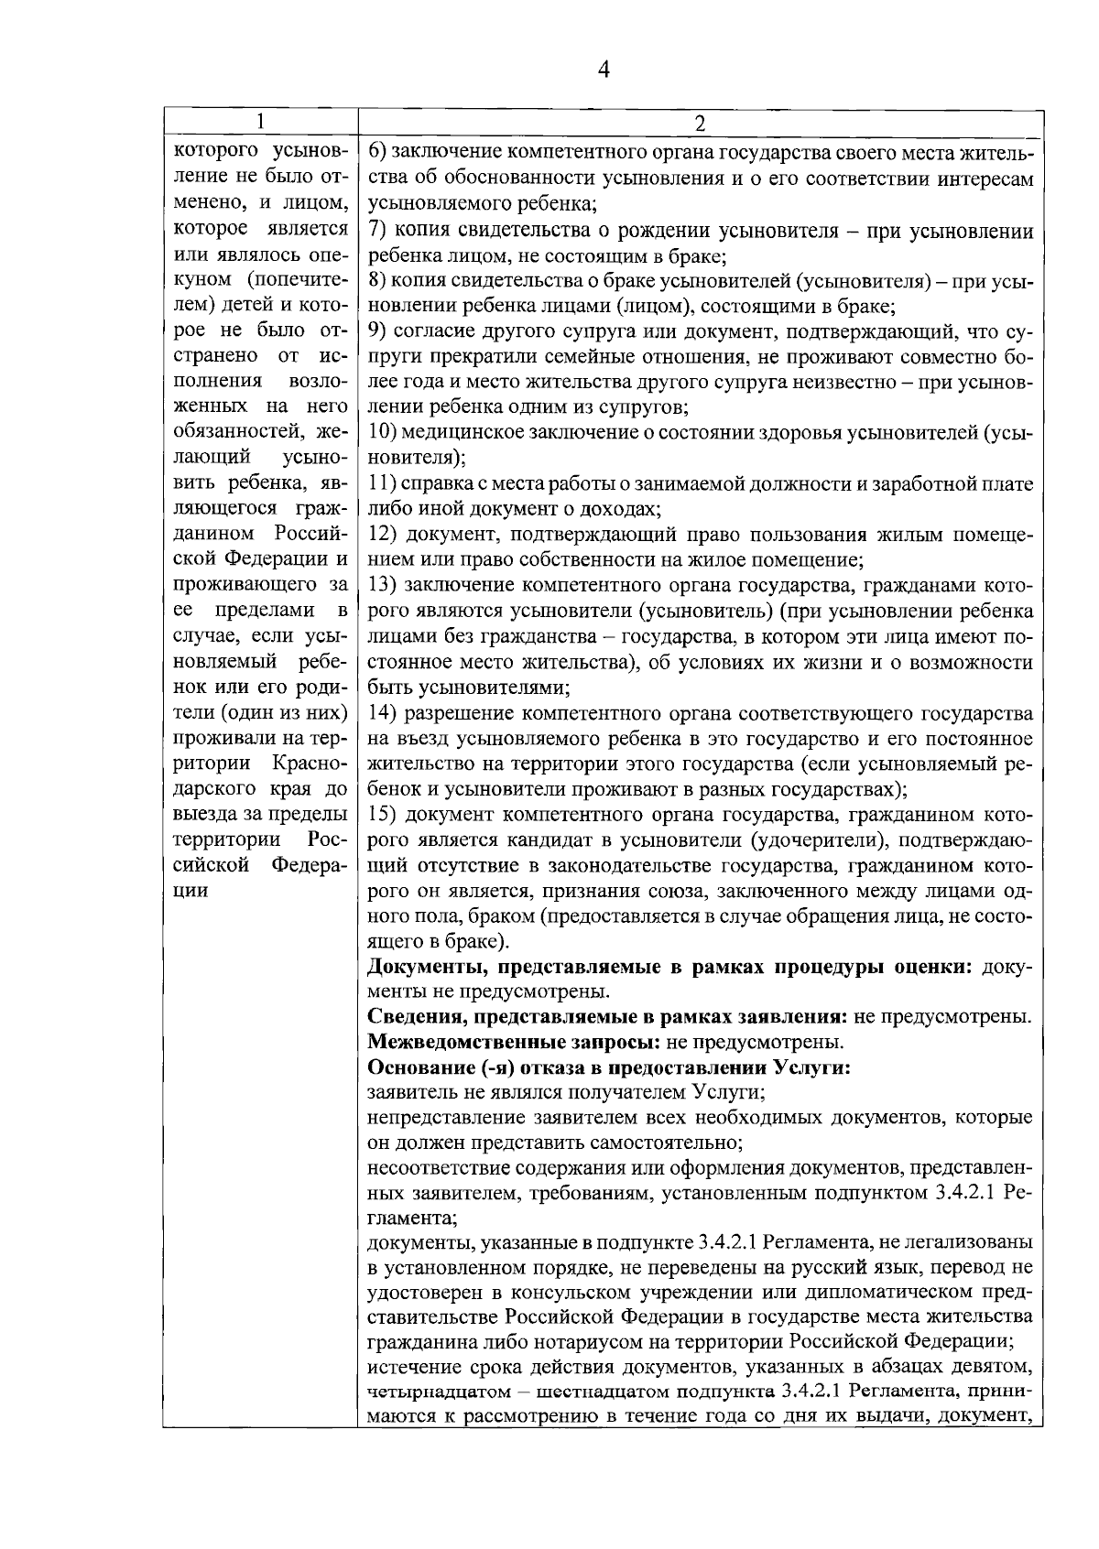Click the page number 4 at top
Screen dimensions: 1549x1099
tap(603, 70)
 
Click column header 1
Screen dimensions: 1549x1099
tap(260, 122)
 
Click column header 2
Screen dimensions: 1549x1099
tap(700, 123)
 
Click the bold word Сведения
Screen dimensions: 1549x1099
tap(408, 1016)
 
